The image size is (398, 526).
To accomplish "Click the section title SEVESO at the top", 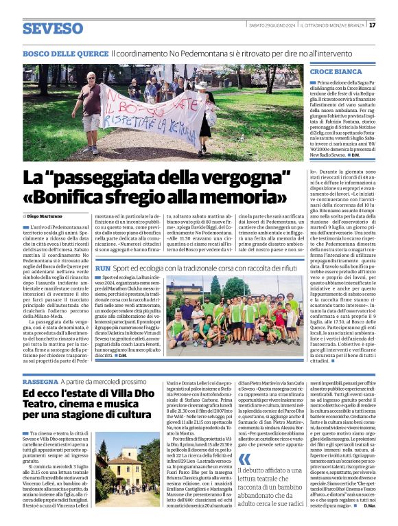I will point(53,29).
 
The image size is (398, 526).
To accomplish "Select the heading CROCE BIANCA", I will point(336,71).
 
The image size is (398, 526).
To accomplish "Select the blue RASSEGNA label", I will point(40,381).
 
